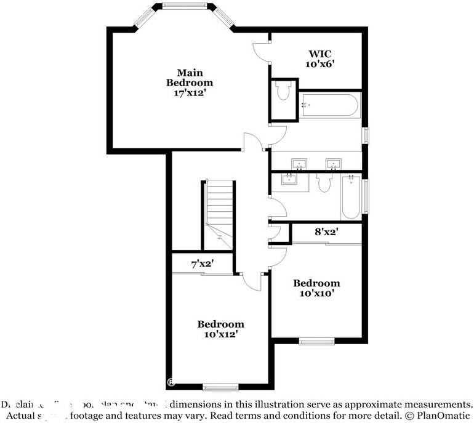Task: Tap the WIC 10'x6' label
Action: pos(319,58)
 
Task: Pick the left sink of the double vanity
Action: pos(300,164)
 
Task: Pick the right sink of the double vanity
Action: pos(334,164)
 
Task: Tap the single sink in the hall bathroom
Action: pos(289,179)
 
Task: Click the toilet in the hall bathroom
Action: pos(324,182)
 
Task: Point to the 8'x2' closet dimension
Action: pos(326,232)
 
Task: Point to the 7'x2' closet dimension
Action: pos(202,264)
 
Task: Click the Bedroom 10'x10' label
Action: pos(316,288)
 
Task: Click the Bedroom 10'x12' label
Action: pos(220,329)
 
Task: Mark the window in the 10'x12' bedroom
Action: pos(220,387)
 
